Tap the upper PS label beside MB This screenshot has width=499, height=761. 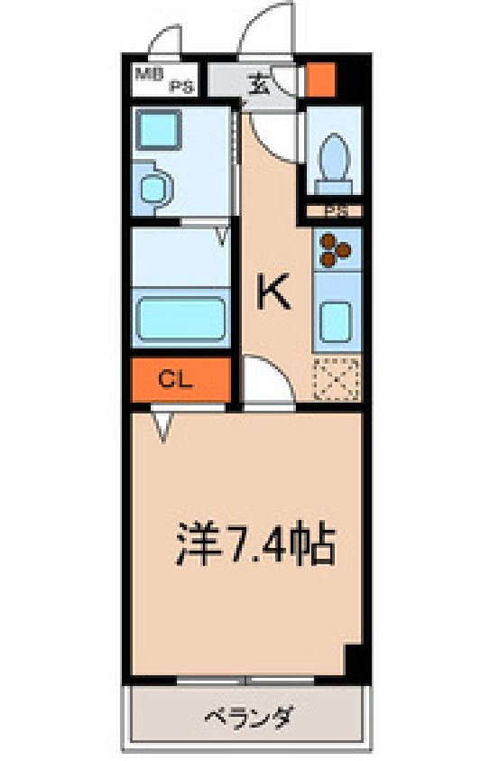pyautogui.click(x=182, y=88)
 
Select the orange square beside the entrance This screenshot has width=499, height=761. pyautogui.click(x=321, y=79)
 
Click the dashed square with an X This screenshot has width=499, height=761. pyautogui.click(x=337, y=379)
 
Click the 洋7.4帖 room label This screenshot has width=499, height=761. pyautogui.click(x=255, y=543)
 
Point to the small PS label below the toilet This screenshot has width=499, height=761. pyautogui.click(x=336, y=212)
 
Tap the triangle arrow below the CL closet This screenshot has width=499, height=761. pyautogui.click(x=163, y=426)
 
